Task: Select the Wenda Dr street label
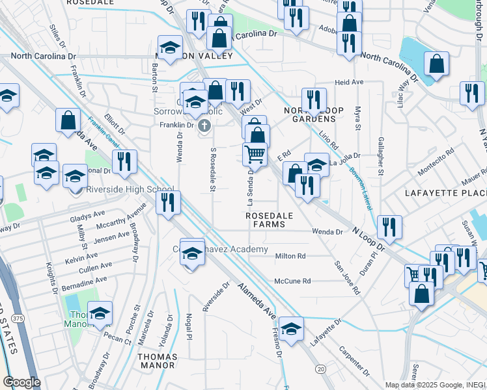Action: [x=327, y=231]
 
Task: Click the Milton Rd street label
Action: [x=290, y=256]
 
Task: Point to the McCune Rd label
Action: [x=292, y=281]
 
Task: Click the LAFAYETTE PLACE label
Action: [x=445, y=193]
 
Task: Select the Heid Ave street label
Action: [x=348, y=83]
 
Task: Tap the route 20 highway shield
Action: [x=320, y=369]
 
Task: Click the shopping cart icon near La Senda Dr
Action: [x=255, y=154]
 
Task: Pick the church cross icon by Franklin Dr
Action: [x=204, y=125]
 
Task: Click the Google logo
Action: [x=21, y=382]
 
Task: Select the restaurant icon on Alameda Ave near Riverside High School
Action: [x=168, y=202]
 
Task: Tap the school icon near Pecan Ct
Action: [x=100, y=313]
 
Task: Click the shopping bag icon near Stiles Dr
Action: [x=68, y=120]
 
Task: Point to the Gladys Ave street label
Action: [x=90, y=214]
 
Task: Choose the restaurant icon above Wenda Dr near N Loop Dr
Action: [x=389, y=227]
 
